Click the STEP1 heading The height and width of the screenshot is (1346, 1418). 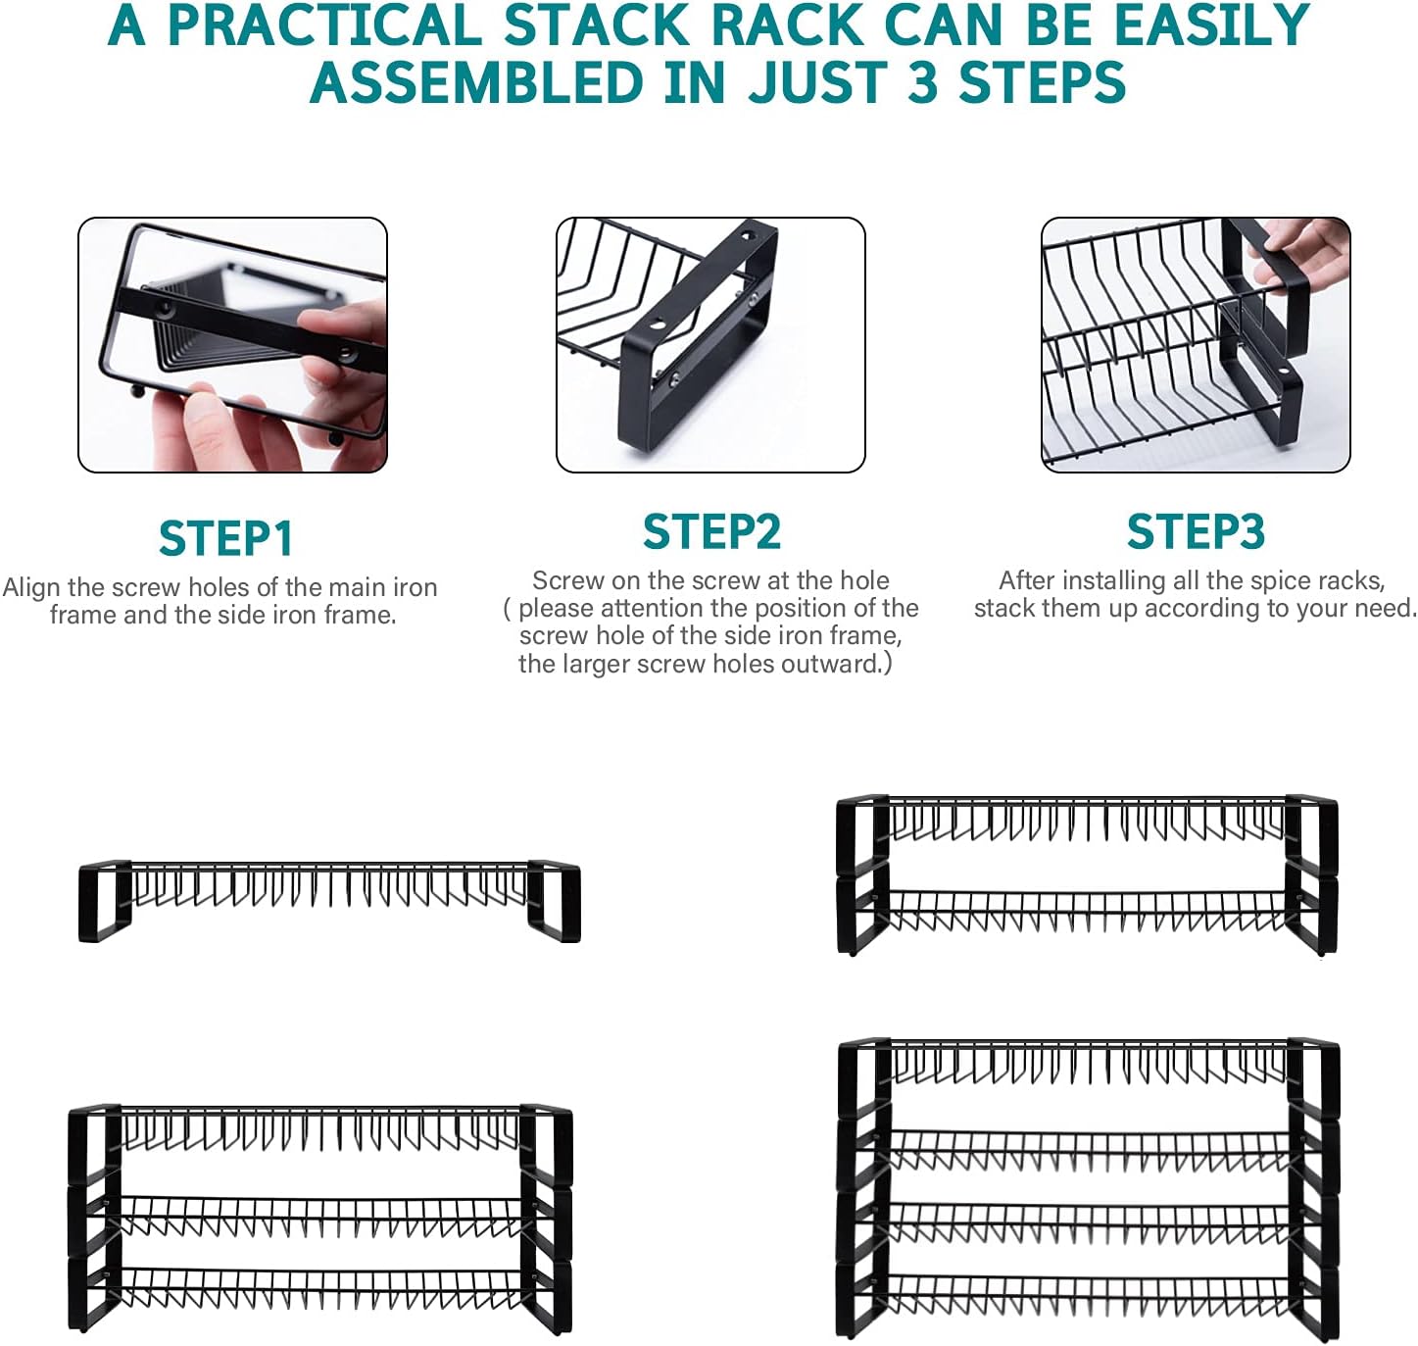click(225, 538)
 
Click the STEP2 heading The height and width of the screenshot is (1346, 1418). click(711, 532)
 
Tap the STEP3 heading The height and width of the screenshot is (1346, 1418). click(1196, 532)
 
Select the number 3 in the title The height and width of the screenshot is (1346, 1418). click(923, 82)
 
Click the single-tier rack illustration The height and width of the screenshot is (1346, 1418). click(329, 900)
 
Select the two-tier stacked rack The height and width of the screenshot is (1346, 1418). click(1086, 874)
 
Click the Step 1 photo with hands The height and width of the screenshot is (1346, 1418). click(233, 345)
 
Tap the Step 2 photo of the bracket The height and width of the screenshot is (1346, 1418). click(710, 345)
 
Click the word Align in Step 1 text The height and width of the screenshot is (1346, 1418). click(31, 587)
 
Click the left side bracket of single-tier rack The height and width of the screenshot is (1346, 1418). click(104, 902)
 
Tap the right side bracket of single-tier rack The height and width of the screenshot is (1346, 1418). click(555, 902)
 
